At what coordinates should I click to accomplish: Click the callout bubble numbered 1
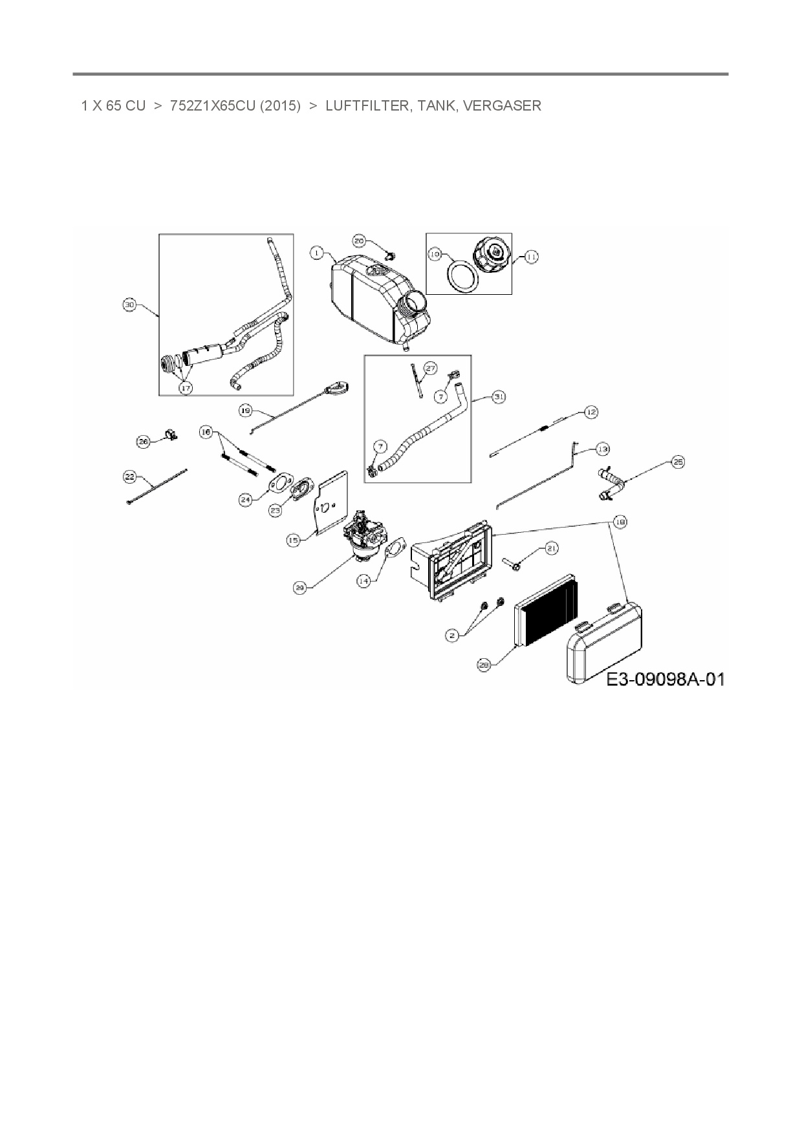[316, 253]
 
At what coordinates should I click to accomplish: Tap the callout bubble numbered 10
[435, 254]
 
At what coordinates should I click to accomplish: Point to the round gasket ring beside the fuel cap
[463, 277]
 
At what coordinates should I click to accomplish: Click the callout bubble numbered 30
[129, 305]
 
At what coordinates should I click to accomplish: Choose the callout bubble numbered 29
[299, 588]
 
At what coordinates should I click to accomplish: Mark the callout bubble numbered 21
[551, 548]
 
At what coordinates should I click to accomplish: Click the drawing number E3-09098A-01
[665, 679]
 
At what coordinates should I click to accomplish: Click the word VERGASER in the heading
[502, 105]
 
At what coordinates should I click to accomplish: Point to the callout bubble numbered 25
[677, 462]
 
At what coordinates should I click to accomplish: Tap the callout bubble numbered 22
[129, 476]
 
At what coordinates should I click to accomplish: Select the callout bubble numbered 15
[294, 539]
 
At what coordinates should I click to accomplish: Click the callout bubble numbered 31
[499, 397]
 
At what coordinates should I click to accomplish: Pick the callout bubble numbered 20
[360, 241]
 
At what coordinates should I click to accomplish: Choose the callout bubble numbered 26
[143, 441]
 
